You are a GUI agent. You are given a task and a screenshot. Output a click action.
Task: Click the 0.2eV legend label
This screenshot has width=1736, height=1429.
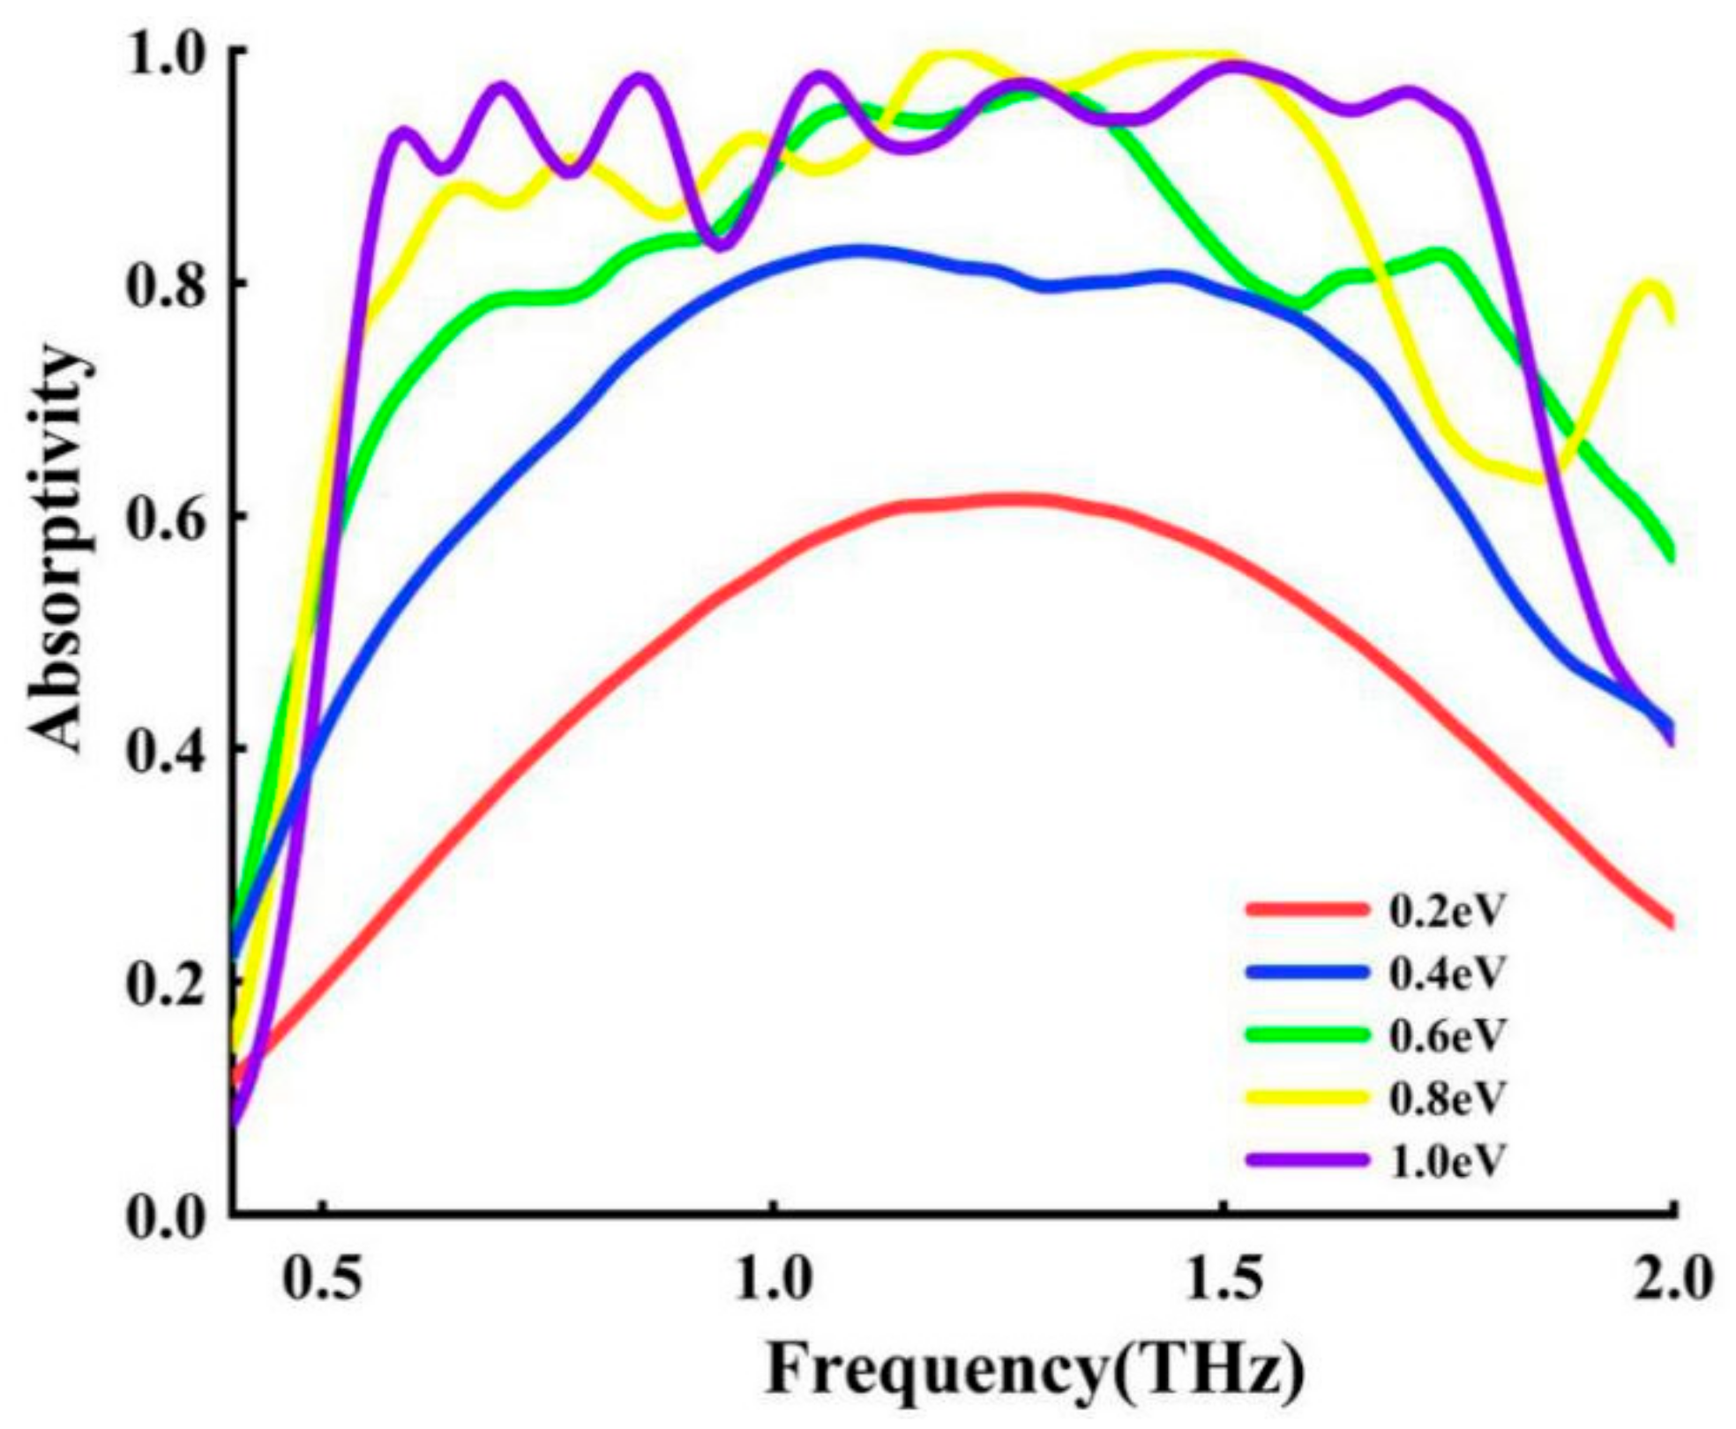pyautogui.click(x=1444, y=912)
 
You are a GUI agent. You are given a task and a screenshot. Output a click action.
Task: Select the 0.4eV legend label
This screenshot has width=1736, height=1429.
pyautogui.click(x=1444, y=974)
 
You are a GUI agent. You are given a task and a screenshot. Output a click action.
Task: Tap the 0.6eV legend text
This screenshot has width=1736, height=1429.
pyautogui.click(x=1444, y=1036)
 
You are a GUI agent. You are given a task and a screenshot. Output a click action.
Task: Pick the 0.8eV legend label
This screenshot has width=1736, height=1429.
pyautogui.click(x=1444, y=1098)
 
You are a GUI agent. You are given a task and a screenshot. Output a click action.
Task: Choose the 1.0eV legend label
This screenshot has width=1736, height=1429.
pyautogui.click(x=1444, y=1161)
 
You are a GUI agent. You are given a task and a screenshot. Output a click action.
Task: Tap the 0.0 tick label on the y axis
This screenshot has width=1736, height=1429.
pyautogui.click(x=168, y=1218)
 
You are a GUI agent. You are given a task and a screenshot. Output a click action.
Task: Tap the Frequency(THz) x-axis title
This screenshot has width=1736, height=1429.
pyautogui.click(x=1034, y=1373)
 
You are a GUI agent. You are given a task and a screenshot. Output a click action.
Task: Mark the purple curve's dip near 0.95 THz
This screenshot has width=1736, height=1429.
pyautogui.click(x=722, y=243)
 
